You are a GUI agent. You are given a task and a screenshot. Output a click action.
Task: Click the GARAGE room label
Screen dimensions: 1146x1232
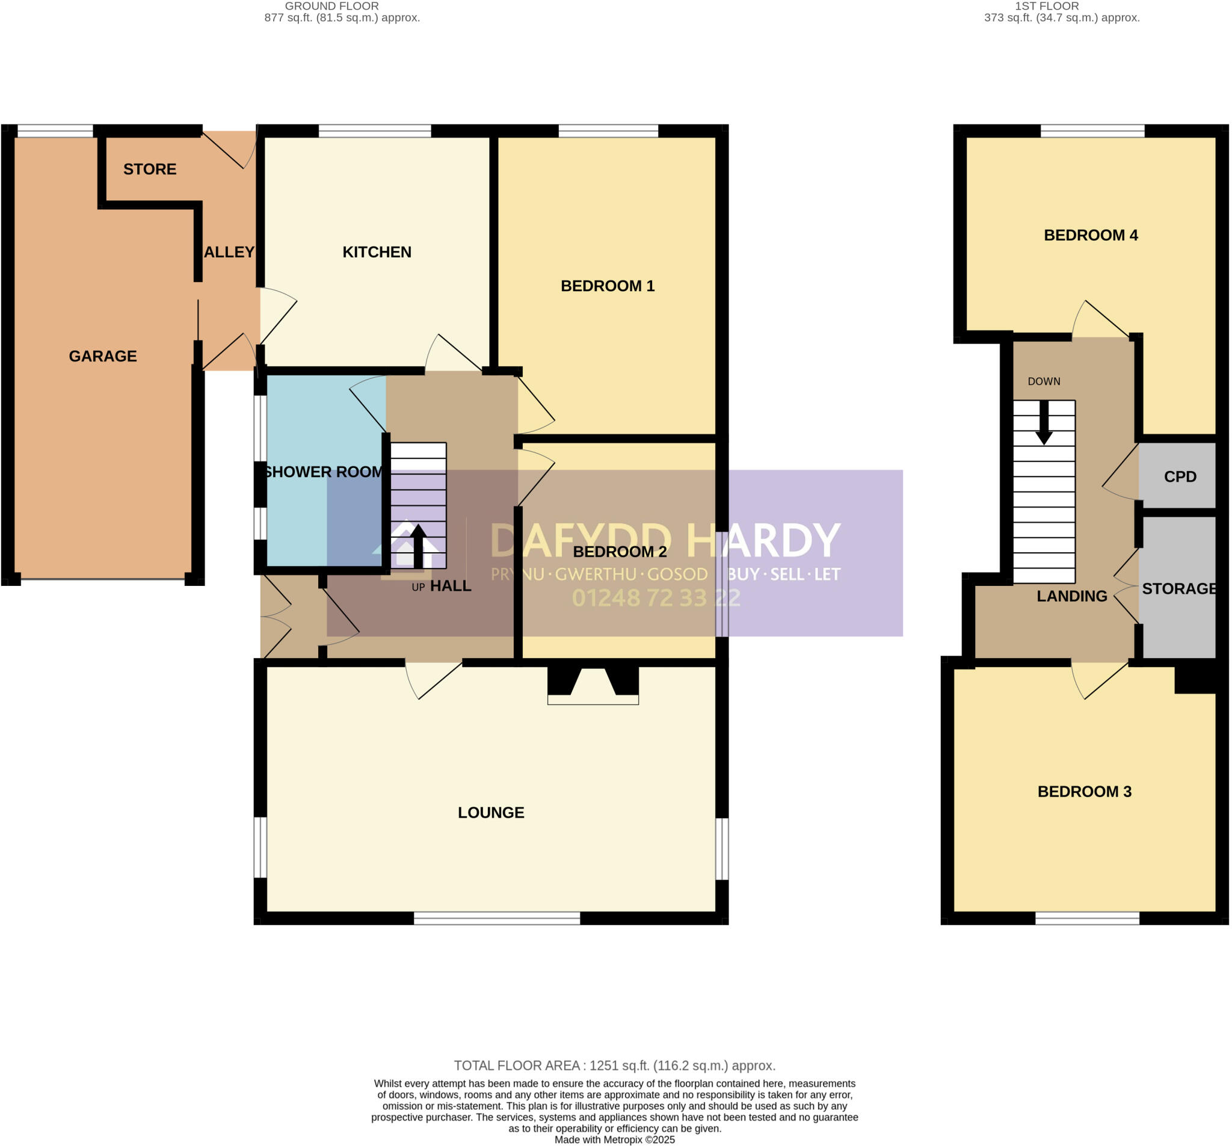(x=103, y=356)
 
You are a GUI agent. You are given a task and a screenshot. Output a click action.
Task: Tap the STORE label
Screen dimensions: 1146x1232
(x=149, y=168)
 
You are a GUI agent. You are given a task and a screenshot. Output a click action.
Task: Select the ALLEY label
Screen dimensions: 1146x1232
(x=229, y=251)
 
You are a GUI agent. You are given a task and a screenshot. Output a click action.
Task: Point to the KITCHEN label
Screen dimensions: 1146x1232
(x=377, y=251)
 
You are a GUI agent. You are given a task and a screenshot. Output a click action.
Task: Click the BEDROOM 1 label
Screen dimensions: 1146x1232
(x=607, y=286)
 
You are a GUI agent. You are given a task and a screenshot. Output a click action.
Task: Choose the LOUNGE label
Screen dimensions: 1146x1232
(x=491, y=812)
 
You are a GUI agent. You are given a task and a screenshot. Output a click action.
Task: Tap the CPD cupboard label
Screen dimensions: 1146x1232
(x=1179, y=476)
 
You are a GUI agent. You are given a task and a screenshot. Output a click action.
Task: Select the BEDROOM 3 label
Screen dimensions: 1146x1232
(x=1084, y=791)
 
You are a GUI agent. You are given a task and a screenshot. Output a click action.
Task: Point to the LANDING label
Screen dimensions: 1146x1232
(x=1071, y=596)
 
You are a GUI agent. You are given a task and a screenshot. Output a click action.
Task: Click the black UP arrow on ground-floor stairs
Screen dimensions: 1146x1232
(x=418, y=546)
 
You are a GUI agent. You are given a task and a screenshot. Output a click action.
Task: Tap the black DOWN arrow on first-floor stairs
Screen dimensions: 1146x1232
(x=1044, y=422)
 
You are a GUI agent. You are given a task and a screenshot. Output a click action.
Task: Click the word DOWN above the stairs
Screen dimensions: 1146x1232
(x=1044, y=381)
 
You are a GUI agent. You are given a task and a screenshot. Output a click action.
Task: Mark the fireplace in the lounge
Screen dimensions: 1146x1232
(x=593, y=685)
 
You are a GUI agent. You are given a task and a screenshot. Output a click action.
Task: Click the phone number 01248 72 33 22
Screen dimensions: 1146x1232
(x=656, y=597)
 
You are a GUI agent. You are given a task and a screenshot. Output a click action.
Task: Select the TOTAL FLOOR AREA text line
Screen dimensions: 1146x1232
(x=614, y=1065)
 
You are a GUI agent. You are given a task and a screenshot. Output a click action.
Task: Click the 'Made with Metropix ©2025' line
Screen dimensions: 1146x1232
(x=614, y=1139)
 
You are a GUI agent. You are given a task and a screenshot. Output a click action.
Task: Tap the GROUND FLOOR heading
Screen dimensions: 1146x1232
(x=331, y=6)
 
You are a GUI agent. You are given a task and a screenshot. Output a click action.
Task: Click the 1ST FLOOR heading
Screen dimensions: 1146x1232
(x=1047, y=6)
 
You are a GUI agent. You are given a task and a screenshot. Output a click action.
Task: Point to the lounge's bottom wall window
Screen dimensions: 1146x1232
(x=496, y=918)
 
